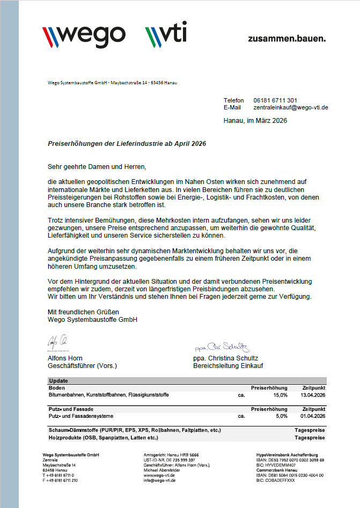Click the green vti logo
click(166, 35)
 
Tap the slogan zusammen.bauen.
click(286, 39)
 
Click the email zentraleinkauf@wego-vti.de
click(290, 107)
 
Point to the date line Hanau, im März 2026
click(255, 121)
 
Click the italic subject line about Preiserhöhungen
click(127, 144)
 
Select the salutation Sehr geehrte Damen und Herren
click(97, 167)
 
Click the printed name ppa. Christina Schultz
click(225, 358)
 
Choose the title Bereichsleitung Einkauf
click(228, 366)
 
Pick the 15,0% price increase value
click(281, 395)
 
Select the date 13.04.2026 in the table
click(313, 395)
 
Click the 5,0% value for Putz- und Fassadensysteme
click(282, 416)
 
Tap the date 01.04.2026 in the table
click(313, 416)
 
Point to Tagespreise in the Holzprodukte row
click(310, 438)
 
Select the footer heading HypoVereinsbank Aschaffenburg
click(287, 455)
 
